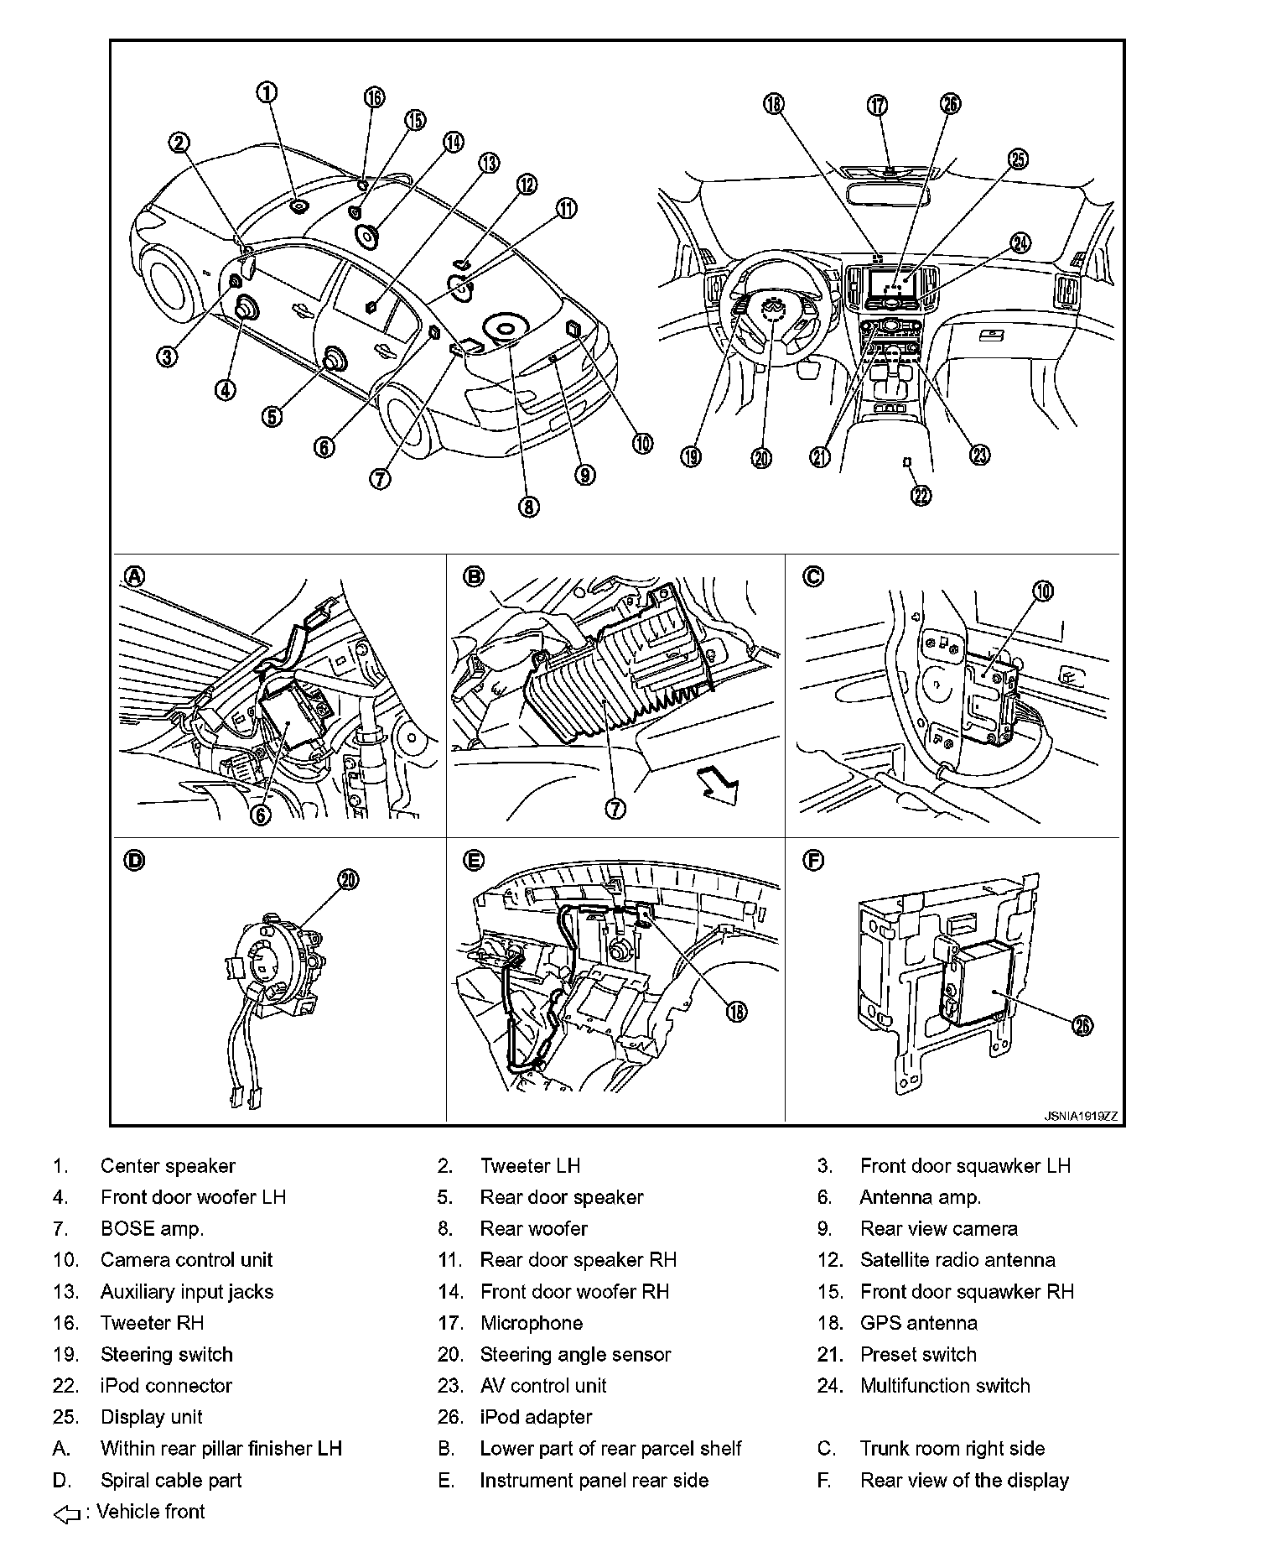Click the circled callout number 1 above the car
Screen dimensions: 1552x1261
(x=267, y=92)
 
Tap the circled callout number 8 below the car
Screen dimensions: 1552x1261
(x=528, y=506)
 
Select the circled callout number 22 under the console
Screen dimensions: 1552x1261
(x=921, y=496)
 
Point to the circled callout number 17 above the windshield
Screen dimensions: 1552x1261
(x=877, y=105)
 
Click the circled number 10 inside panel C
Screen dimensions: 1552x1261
(x=1042, y=591)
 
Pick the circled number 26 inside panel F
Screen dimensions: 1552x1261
(x=1082, y=1025)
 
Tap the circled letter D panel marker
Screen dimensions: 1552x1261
(x=134, y=860)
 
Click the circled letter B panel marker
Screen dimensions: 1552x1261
(x=474, y=576)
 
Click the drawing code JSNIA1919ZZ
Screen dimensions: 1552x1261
(x=1080, y=1117)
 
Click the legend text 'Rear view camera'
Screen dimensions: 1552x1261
(x=938, y=1229)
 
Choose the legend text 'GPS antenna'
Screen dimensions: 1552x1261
(x=918, y=1323)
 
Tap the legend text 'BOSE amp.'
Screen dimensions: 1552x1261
(x=152, y=1229)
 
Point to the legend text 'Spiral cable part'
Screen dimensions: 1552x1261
(x=170, y=1481)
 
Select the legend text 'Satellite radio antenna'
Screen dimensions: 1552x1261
(x=957, y=1260)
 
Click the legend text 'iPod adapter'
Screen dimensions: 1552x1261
(x=536, y=1417)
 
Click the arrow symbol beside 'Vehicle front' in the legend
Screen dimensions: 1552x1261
(x=67, y=1513)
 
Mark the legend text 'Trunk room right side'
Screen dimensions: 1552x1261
(x=952, y=1449)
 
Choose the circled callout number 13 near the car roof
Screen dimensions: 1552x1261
(x=488, y=163)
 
